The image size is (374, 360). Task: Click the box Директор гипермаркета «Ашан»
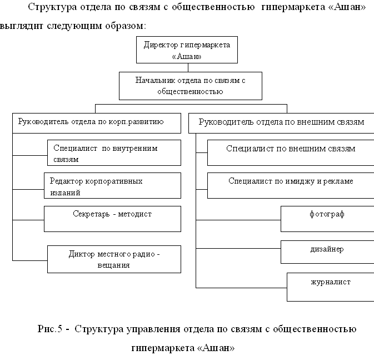187,50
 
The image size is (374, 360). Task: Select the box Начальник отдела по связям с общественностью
191,86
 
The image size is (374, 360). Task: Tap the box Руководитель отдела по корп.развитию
97,123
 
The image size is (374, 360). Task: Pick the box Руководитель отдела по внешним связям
281,123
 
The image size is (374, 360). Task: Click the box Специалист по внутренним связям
114,152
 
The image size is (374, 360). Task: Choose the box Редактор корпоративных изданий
112,186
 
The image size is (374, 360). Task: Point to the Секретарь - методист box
112,219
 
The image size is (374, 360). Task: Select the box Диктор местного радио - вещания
114,259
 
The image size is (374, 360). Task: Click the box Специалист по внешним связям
291,152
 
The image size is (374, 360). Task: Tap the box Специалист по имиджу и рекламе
291,186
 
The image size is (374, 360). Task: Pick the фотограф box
327,219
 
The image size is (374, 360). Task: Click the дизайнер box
327,252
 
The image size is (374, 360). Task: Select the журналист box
330,287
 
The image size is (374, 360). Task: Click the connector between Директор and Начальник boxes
188,68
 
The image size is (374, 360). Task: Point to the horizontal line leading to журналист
241,288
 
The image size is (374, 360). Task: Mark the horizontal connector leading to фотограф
238,220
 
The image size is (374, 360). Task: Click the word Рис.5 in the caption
50,329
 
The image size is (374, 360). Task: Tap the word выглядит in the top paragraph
21,26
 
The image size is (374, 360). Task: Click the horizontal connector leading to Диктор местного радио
30,260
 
